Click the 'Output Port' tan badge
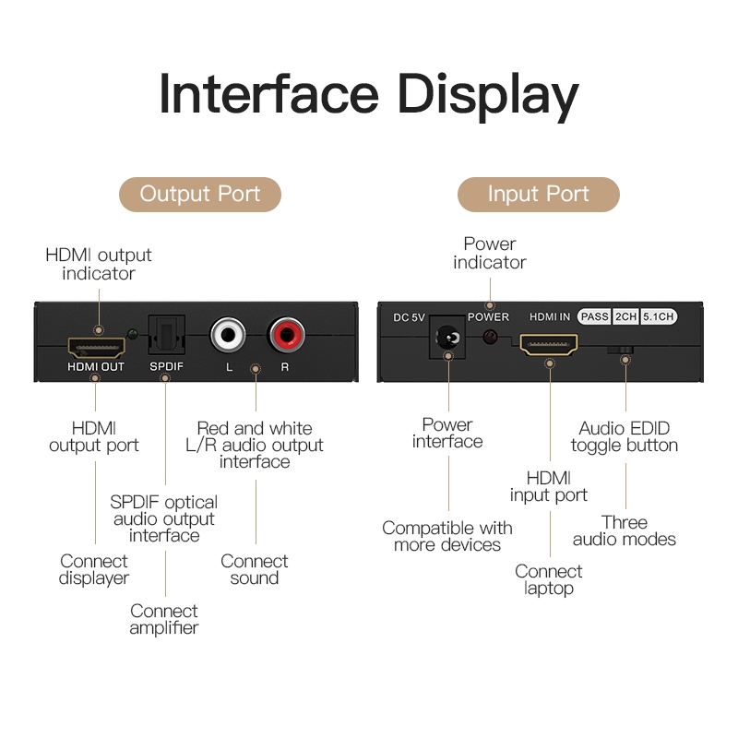[x=200, y=195]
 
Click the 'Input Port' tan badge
[x=538, y=195]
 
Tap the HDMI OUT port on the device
[x=96, y=348]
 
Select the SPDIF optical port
[x=167, y=337]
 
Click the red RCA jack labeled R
[x=284, y=334]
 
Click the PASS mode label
[x=594, y=316]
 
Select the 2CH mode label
[x=625, y=316]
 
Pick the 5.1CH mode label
[x=659, y=316]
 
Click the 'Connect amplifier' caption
[x=164, y=619]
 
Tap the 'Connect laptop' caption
[x=549, y=579]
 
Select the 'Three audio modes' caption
[x=625, y=530]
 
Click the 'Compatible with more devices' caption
[x=447, y=536]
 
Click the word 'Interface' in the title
[x=268, y=94]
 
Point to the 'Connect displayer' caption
[x=94, y=569]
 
